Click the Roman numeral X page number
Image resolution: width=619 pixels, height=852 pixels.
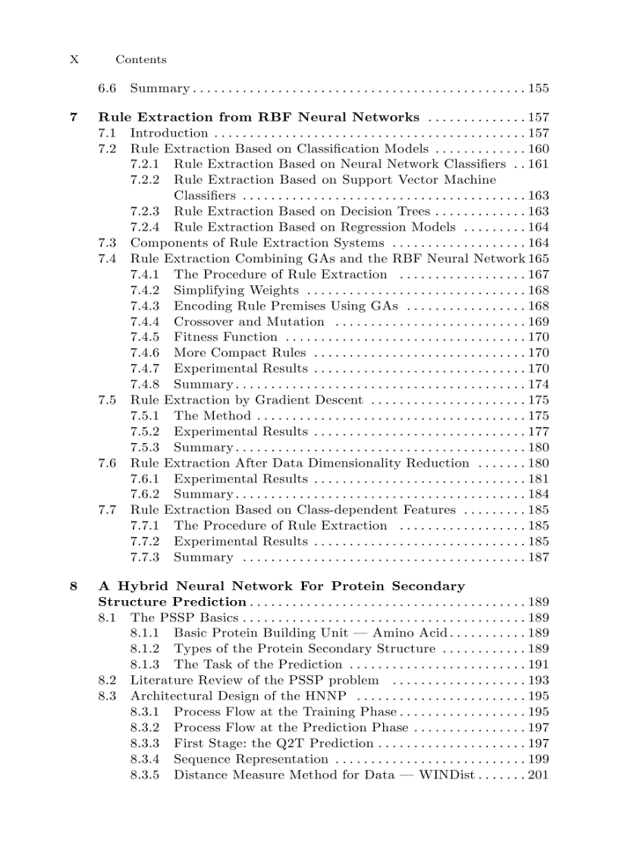[74, 59]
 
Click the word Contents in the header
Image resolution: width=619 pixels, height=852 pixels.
[140, 59]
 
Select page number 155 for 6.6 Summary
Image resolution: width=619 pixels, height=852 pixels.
[539, 89]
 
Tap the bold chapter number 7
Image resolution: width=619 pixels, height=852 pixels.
[74, 118]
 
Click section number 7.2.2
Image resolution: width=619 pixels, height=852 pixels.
[144, 180]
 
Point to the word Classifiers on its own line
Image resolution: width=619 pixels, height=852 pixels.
[205, 196]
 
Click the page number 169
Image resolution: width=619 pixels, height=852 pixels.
[539, 322]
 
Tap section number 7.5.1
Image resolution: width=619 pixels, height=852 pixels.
[144, 416]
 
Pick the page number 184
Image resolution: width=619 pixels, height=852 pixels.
[539, 495]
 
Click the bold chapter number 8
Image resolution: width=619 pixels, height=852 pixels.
[74, 586]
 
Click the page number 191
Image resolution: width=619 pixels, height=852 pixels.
[539, 665]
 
